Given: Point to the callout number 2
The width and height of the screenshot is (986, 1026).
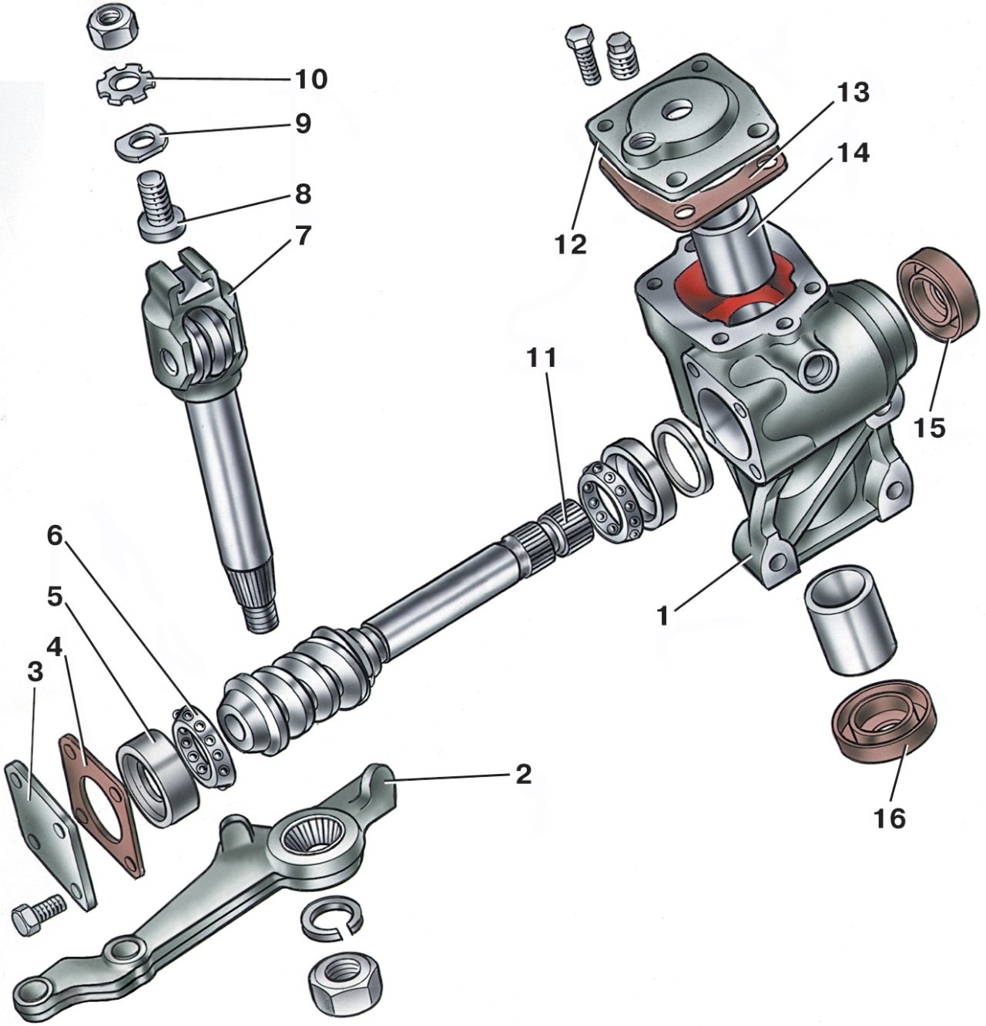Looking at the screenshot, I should (523, 774).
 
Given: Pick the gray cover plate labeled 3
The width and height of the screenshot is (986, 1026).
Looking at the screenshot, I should (50, 825).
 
